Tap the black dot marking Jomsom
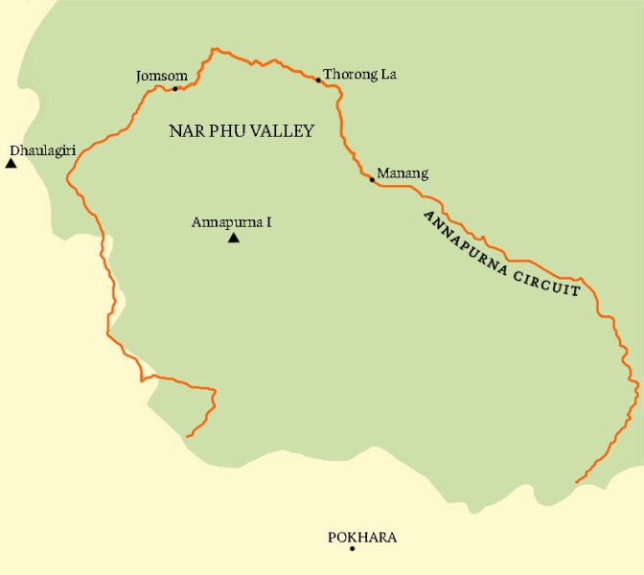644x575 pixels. [x=174, y=89]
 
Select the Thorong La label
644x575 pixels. [x=359, y=74]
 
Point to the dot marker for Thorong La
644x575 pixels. [x=318, y=80]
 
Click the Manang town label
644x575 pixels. [x=402, y=173]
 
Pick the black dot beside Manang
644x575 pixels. [x=372, y=179]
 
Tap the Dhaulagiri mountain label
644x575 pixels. [x=41, y=150]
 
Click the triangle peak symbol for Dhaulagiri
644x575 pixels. [x=11, y=164]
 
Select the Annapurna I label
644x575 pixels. [x=232, y=222]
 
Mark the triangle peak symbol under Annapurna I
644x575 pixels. [x=233, y=238]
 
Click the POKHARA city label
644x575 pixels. [x=362, y=538]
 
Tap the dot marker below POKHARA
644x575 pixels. [x=354, y=549]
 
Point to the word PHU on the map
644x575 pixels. [x=225, y=131]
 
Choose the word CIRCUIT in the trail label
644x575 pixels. [x=549, y=281]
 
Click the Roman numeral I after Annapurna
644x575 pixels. [x=269, y=222]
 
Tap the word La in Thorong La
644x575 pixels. [x=387, y=74]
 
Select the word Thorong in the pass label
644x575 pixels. [x=350, y=74]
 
